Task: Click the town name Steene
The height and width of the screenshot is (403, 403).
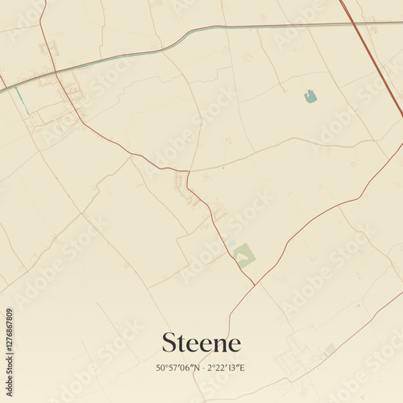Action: [x=201, y=343]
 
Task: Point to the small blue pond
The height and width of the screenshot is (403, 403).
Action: [x=310, y=97]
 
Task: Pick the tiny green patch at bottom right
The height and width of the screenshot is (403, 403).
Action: [x=329, y=349]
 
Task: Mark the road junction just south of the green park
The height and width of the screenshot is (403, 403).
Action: [x=256, y=284]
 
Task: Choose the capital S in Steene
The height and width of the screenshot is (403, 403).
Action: [x=169, y=343]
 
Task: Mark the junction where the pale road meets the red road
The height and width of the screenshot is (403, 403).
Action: [x=188, y=171]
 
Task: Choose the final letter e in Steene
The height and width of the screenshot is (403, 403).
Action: [x=234, y=345]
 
